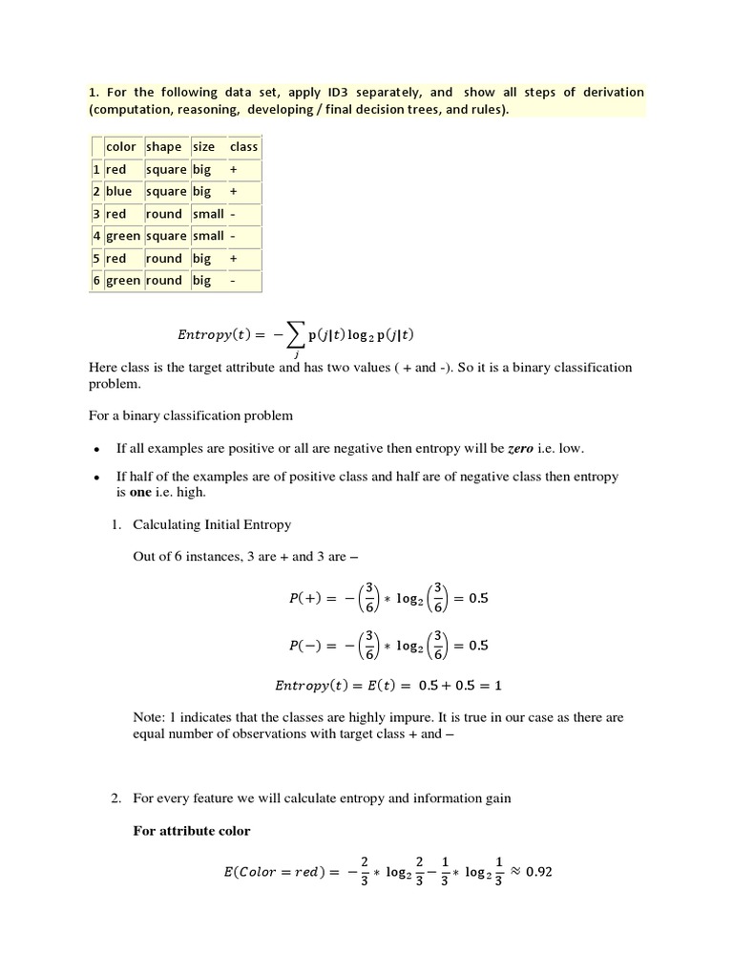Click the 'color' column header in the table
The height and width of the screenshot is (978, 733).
(120, 147)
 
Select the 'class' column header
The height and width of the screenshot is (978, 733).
(243, 147)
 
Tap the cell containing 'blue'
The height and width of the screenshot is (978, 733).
(119, 191)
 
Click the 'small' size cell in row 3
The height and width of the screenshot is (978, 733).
(208, 214)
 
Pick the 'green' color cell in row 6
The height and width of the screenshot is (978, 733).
(122, 281)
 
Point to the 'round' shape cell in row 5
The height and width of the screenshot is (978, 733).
(163, 258)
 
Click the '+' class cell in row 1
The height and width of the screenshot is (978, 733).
(234, 169)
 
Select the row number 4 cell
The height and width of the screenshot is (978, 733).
(96, 236)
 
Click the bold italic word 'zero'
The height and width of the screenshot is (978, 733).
(520, 448)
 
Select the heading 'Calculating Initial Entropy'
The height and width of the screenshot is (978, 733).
(212, 525)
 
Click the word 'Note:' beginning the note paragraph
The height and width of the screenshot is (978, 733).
(150, 717)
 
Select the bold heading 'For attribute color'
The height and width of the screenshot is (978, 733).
(191, 831)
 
